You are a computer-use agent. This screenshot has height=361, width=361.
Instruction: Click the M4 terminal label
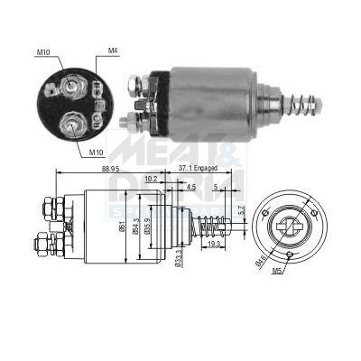tap(113, 50)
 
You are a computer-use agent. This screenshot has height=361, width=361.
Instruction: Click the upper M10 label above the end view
tap(43, 52)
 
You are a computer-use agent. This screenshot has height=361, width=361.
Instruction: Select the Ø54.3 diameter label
tap(135, 226)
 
